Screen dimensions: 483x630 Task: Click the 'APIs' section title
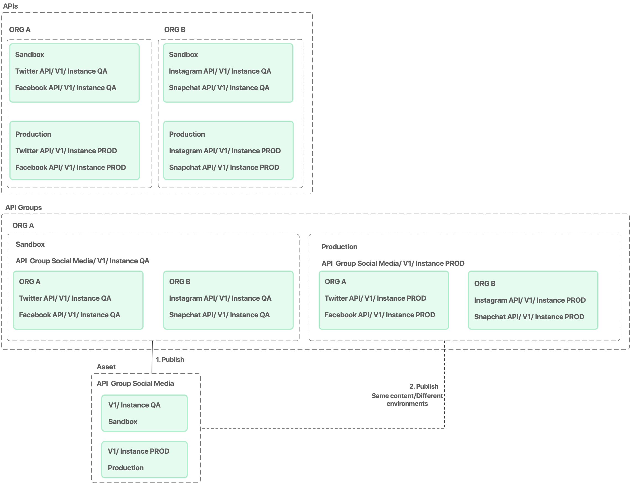coord(10,6)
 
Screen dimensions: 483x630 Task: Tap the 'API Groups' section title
coord(23,207)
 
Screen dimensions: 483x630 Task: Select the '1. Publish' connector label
coord(170,359)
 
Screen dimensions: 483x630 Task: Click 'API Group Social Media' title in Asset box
coord(135,383)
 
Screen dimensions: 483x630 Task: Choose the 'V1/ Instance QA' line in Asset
coord(134,405)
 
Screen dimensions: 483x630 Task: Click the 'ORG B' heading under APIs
coord(175,30)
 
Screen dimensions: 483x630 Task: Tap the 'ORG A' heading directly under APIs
coord(20,30)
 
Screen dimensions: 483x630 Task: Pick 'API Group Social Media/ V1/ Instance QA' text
coord(82,261)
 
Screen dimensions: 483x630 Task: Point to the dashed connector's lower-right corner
coord(444,428)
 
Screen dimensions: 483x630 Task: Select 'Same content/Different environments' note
coord(407,399)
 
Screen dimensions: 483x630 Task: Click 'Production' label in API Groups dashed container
coord(339,247)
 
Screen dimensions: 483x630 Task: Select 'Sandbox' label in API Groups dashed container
coord(30,244)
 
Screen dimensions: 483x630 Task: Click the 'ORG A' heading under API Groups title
coord(23,225)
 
